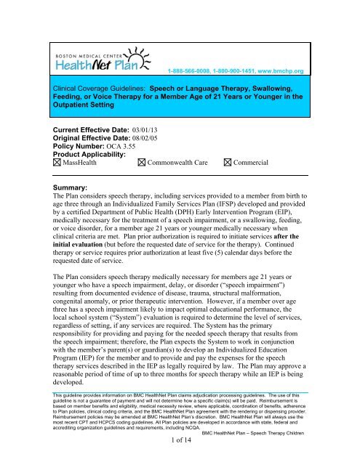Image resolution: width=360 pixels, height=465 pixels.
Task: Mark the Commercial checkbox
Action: point(230,162)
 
